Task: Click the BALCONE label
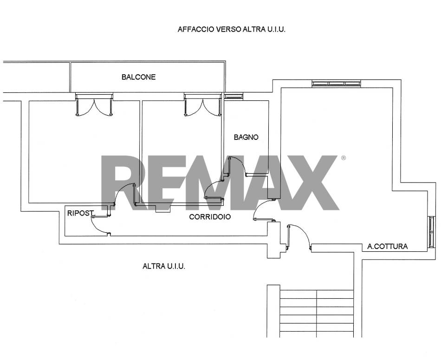coord(138,77)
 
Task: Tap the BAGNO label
coord(246,137)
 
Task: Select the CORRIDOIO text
coord(210,217)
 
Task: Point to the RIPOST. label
coord(80,213)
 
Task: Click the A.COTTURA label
coord(387,247)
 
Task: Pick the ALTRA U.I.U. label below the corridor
coord(164,266)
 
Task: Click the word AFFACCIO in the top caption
coord(196,29)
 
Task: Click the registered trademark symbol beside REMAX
coord(343,158)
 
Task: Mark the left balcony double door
coord(94,105)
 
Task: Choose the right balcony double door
coord(202,105)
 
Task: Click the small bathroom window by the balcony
coord(233,96)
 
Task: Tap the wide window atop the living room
coord(337,83)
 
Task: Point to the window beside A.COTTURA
coord(431,232)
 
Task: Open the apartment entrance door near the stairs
coord(298,237)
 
